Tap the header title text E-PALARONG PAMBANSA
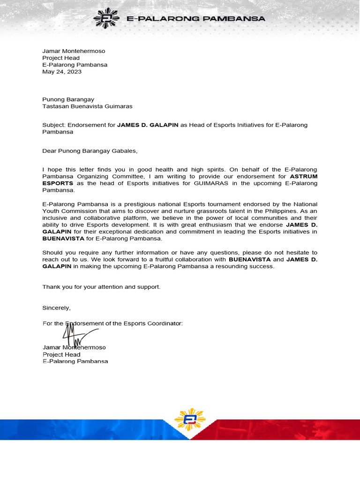[x=196, y=19]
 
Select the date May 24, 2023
[x=62, y=72]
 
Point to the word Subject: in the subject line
[x=54, y=125]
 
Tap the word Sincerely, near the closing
[x=57, y=308]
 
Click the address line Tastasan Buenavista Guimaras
[x=87, y=106]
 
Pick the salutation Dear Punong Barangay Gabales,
[x=90, y=151]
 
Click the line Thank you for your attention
[x=101, y=286]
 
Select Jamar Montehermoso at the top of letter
[x=74, y=51]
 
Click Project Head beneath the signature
[x=61, y=354]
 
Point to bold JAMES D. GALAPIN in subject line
[x=148, y=125]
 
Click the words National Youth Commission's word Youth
[x=53, y=211]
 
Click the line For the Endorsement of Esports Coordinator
[x=112, y=323]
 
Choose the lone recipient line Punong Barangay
[x=68, y=99]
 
